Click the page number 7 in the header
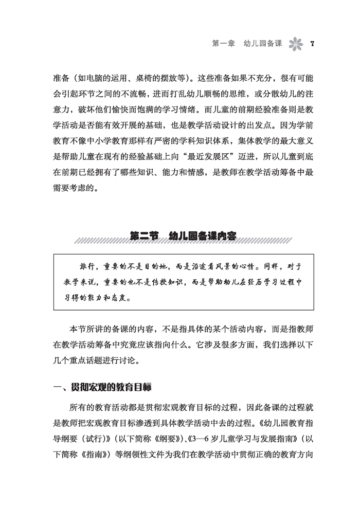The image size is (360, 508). tap(313, 43)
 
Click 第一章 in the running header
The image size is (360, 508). tap(224, 43)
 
